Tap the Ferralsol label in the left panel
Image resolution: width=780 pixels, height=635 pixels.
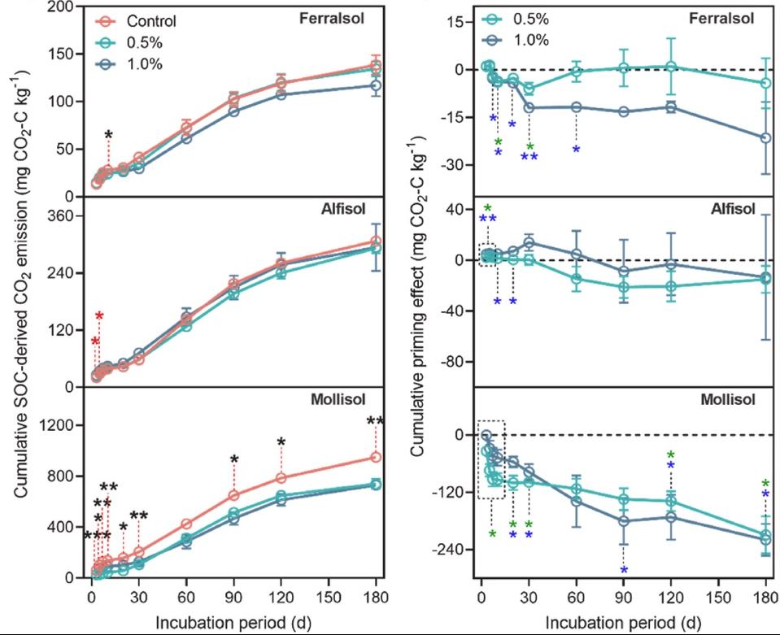(336, 18)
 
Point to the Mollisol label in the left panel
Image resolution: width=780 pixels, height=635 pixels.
(336, 398)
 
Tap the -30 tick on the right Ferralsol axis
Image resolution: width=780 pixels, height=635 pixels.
(456, 165)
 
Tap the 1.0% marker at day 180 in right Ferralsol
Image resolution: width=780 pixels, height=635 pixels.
(765, 138)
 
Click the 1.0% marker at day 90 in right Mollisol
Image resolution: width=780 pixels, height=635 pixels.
(624, 521)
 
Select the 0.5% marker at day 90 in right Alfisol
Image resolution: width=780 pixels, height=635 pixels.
(624, 286)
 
